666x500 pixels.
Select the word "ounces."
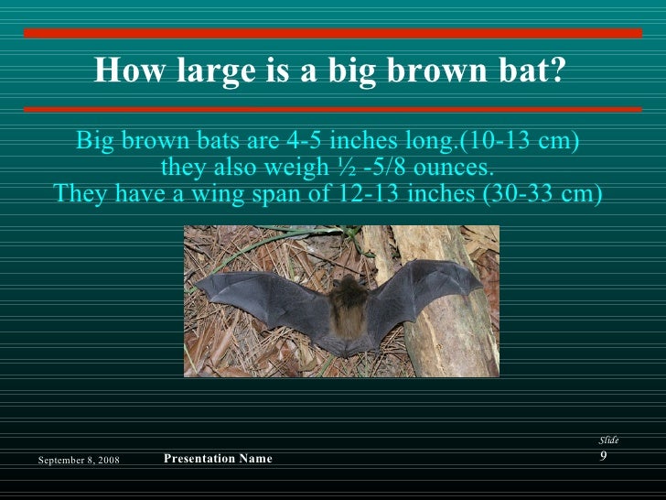[x=451, y=168]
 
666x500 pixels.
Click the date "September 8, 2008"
[x=79, y=459]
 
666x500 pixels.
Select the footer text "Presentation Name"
[x=218, y=459]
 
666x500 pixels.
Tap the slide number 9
[x=604, y=456]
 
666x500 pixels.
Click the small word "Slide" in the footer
[x=608, y=440]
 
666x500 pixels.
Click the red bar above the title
[x=333, y=33]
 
